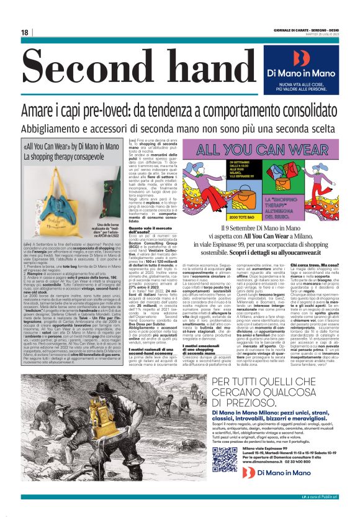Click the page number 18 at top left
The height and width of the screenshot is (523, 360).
25,32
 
